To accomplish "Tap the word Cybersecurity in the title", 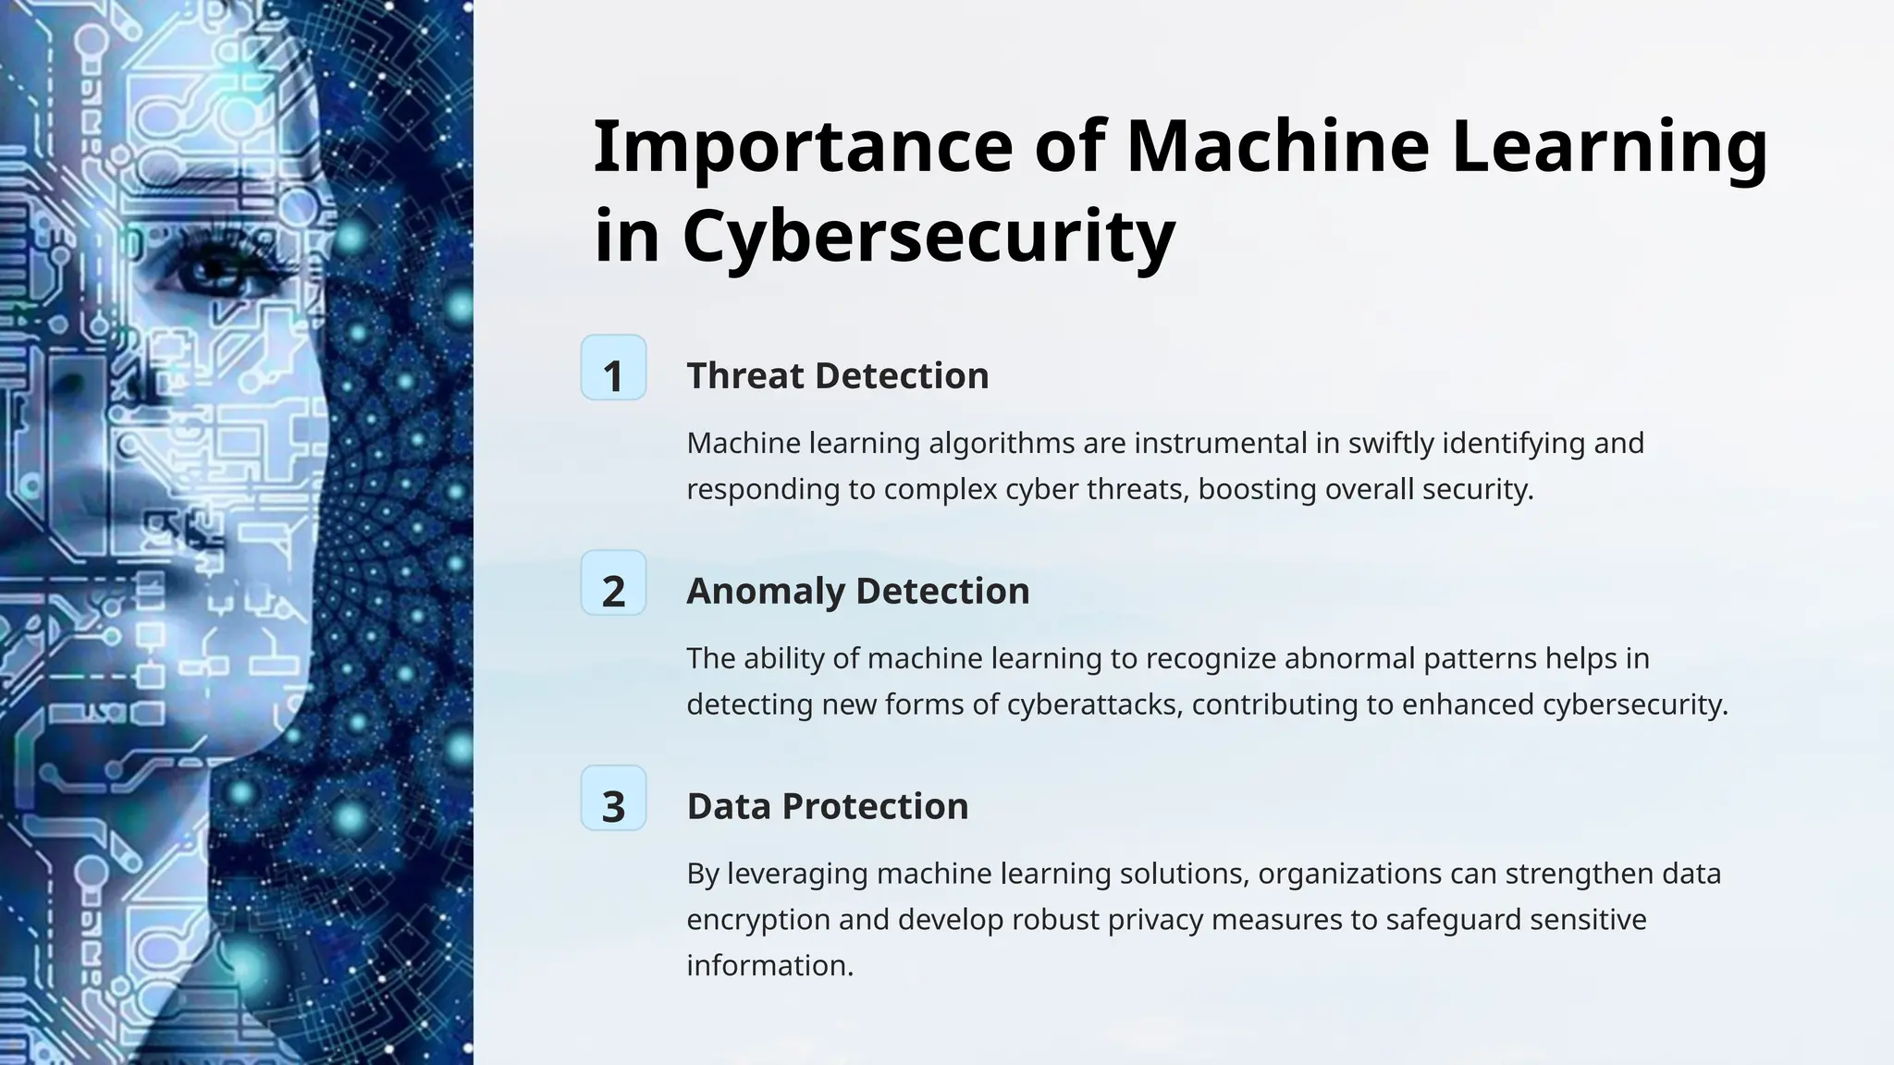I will pyautogui.click(x=929, y=237).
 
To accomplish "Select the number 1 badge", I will pyautogui.click(x=613, y=368).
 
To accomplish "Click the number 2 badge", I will pyautogui.click(x=613, y=583).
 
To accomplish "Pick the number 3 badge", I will pyautogui.click(x=613, y=799).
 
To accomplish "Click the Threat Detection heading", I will pyautogui.click(x=837, y=375).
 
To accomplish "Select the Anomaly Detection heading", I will pyautogui.click(x=857, y=591).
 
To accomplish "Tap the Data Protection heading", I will pyautogui.click(x=827, y=806).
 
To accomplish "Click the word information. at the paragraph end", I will pyautogui.click(x=769, y=965).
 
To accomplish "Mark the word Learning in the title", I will pyautogui.click(x=1609, y=147).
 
